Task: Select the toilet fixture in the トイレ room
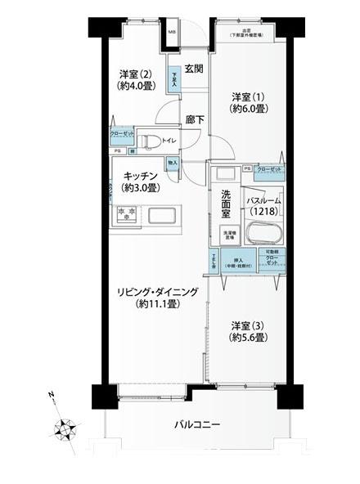click(x=149, y=141)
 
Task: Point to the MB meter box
click(x=172, y=34)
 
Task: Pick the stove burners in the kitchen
click(x=126, y=214)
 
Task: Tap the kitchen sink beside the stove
click(x=162, y=217)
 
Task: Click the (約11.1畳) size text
click(x=157, y=303)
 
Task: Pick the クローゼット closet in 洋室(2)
click(x=122, y=136)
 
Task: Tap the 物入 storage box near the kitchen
click(x=173, y=163)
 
